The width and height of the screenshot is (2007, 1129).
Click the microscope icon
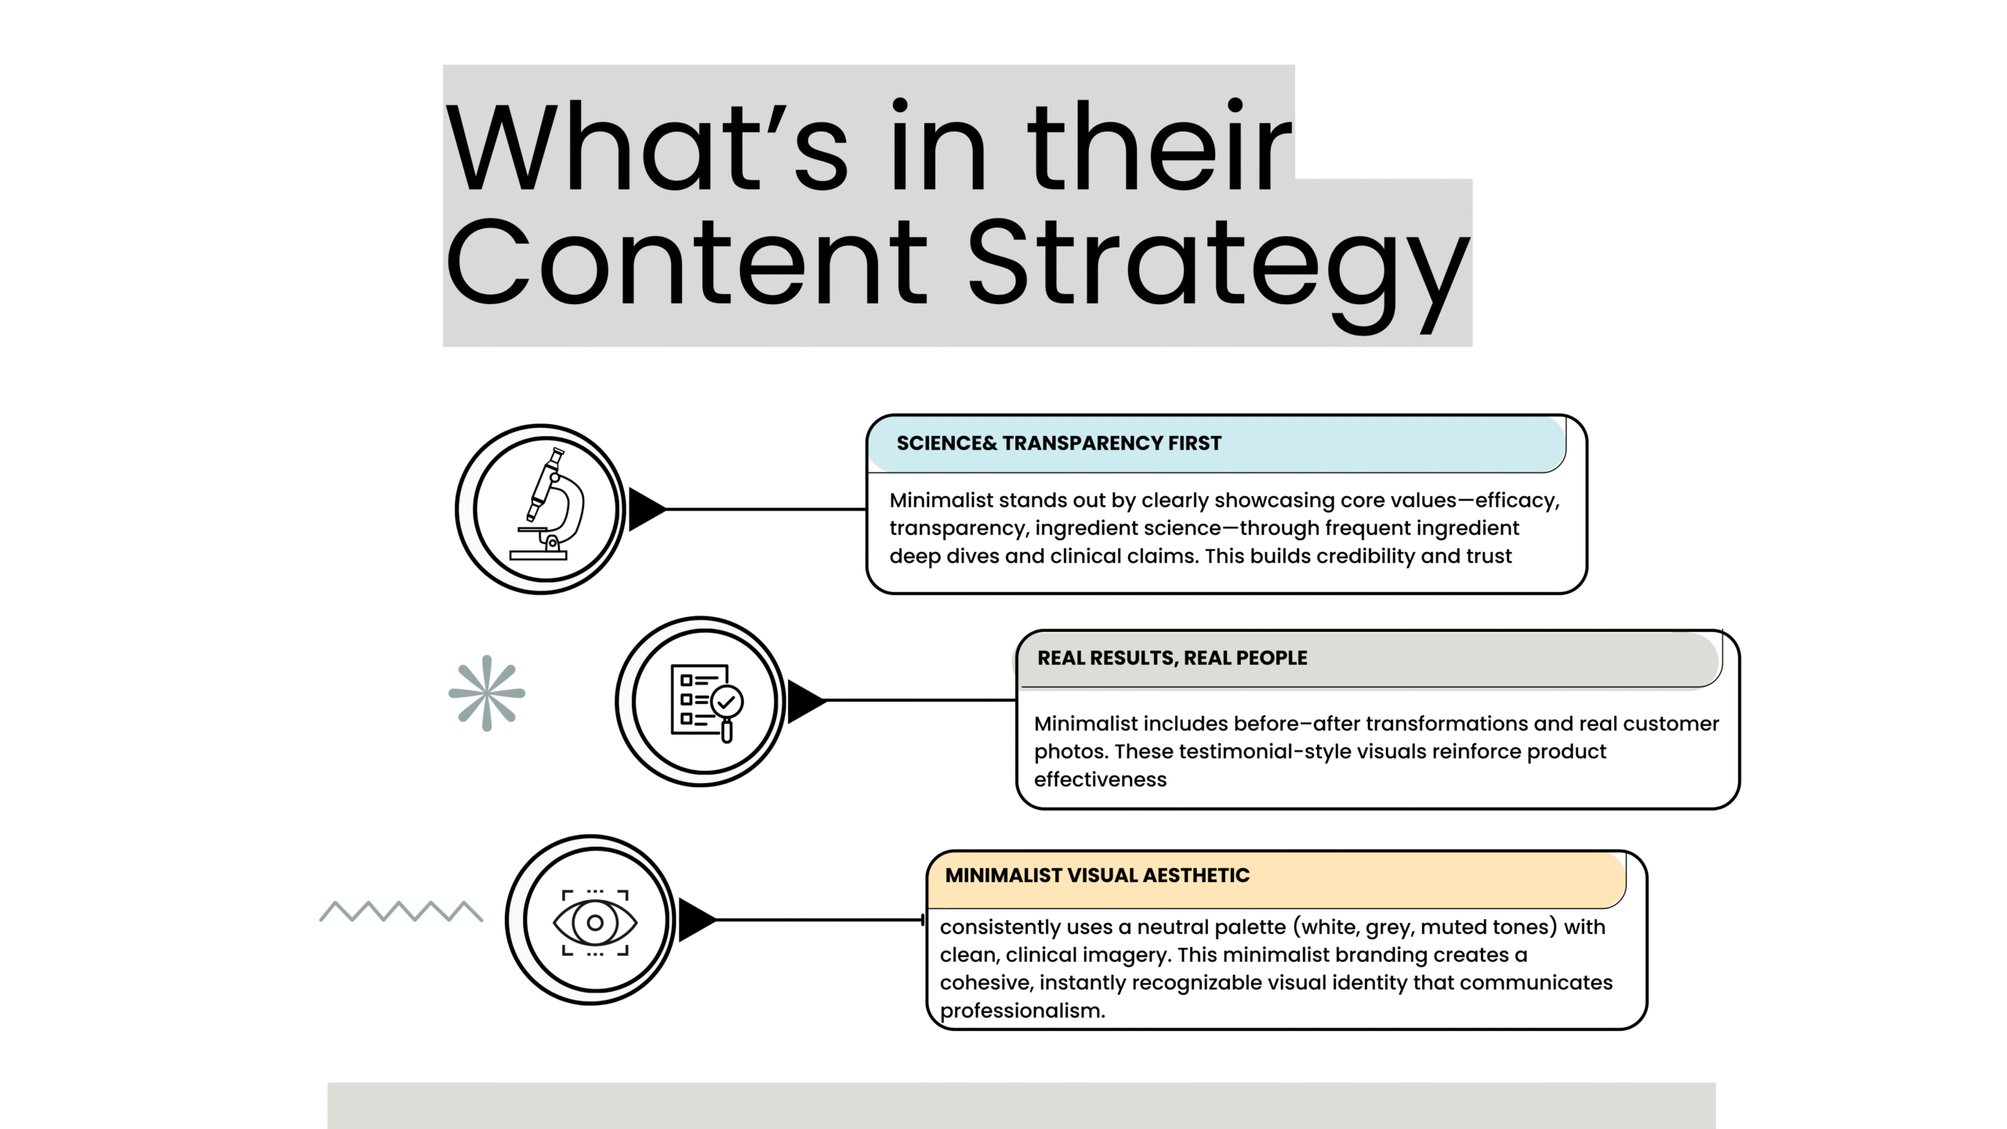click(547, 503)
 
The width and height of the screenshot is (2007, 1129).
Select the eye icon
click(595, 922)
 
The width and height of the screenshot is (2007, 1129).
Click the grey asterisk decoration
click(487, 693)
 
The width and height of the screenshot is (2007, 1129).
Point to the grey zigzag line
click(401, 911)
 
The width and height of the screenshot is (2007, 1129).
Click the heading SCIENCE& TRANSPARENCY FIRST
click(1058, 444)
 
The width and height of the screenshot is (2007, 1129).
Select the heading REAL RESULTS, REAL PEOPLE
click(1172, 659)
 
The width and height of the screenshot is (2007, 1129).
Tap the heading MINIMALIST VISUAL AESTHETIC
click(1097, 876)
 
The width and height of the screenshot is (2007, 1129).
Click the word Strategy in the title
click(1218, 267)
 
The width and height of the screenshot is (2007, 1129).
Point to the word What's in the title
click(647, 147)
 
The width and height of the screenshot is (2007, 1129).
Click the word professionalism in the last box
click(1022, 1011)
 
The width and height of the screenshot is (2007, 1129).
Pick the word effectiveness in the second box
click(1100, 779)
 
